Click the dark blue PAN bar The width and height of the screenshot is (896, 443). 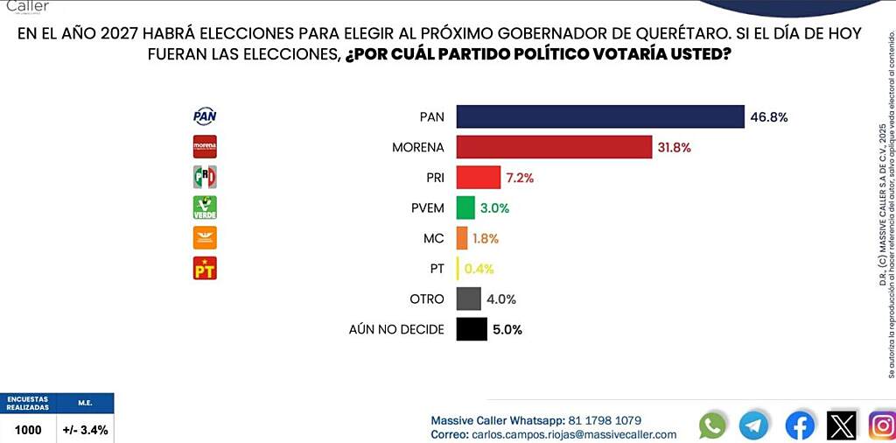599,116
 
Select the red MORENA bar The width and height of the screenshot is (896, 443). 554,147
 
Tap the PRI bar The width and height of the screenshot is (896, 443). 478,178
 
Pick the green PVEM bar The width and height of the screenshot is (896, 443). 465,207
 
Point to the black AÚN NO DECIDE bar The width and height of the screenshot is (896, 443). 472,329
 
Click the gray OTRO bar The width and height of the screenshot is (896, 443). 468,299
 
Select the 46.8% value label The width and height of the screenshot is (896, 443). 768,116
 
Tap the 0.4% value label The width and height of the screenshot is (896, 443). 480,269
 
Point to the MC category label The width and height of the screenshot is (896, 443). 433,238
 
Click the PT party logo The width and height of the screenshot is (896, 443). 205,268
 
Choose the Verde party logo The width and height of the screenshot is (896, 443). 205,207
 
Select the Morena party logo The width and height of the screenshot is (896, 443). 205,147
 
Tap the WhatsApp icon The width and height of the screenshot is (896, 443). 713,425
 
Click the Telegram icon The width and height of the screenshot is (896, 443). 753,425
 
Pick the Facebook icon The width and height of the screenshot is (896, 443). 799,425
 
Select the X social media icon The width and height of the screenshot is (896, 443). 841,425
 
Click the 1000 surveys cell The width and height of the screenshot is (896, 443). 28,430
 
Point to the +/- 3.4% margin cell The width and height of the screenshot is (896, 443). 85,430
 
